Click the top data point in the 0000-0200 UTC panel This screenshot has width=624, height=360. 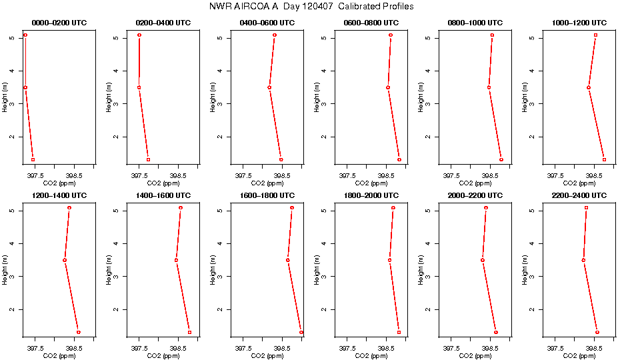pyautogui.click(x=25, y=35)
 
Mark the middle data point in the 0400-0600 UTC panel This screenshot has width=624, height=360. pyautogui.click(x=269, y=87)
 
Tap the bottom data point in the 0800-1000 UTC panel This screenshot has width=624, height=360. pyautogui.click(x=501, y=159)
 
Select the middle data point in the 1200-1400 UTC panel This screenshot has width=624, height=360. pyautogui.click(x=65, y=260)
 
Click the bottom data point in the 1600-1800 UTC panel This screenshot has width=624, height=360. pyautogui.click(x=301, y=332)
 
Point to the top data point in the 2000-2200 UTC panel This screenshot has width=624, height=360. pyautogui.click(x=486, y=208)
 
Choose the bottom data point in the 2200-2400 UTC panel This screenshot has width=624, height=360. pyautogui.click(x=597, y=332)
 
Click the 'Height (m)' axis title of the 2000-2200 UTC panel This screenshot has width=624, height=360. pyautogui.click(x=421, y=268)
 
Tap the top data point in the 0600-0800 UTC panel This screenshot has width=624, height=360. pyautogui.click(x=391, y=35)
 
